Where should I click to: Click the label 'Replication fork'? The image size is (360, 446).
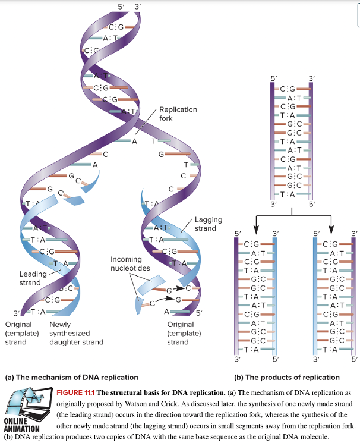(178, 114)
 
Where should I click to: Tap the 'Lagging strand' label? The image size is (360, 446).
(205, 224)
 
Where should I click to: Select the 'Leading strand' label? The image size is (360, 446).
(30, 278)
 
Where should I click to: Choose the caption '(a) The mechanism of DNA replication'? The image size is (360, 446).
(71, 377)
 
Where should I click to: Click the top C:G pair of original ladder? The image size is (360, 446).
(291, 89)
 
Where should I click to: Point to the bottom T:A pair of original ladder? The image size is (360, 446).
(291, 194)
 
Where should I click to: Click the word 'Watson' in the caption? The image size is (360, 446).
(161, 403)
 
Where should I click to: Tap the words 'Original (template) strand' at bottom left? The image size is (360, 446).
(20, 333)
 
